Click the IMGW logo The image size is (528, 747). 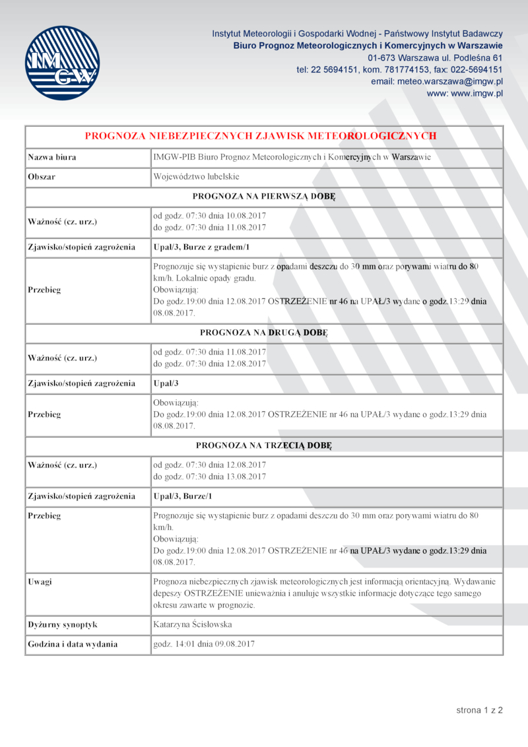[x=62, y=63]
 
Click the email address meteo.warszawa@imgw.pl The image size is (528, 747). [x=437, y=81]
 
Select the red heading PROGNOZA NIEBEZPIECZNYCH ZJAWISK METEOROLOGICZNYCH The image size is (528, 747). [x=261, y=136]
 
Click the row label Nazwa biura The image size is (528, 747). [x=51, y=158]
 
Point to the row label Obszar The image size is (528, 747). [x=41, y=177]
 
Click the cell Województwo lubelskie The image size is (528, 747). [x=196, y=177]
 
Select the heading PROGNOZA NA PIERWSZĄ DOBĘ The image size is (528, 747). [x=264, y=197]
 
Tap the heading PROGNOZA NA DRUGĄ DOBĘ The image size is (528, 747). [x=264, y=333]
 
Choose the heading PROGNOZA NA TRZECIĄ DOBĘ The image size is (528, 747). [x=264, y=445]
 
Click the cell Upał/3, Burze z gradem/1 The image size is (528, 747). [x=201, y=247]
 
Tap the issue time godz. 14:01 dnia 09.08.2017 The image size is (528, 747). [x=204, y=644]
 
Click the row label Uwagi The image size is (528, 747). [x=40, y=582]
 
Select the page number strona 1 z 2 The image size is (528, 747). [x=479, y=710]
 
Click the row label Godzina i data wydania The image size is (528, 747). [x=73, y=644]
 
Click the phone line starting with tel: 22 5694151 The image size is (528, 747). [x=399, y=69]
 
